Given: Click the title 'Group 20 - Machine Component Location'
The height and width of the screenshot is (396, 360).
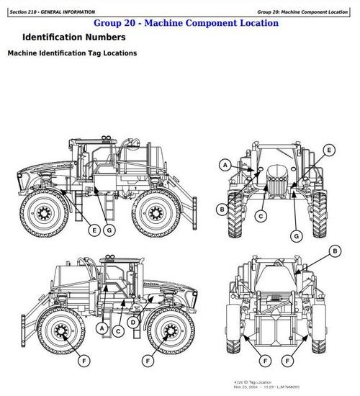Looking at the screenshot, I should pyautogui.click(x=186, y=23).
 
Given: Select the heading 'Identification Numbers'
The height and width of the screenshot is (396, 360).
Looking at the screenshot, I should pyautogui.click(x=74, y=37).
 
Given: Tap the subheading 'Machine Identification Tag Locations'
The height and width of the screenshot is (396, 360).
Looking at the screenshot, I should pyautogui.click(x=72, y=53).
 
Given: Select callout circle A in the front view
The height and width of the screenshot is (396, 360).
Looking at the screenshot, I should pyautogui.click(x=225, y=165).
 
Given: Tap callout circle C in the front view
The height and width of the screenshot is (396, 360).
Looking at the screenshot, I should pyautogui.click(x=261, y=215).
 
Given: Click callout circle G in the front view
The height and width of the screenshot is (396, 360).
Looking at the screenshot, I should pyautogui.click(x=296, y=235).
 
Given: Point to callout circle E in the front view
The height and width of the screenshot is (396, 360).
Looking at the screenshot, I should pyautogui.click(x=329, y=149).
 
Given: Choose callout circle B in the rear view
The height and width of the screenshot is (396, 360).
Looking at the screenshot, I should pyautogui.click(x=334, y=251).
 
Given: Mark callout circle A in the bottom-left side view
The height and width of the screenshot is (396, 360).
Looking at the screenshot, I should pyautogui.click(x=103, y=328).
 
